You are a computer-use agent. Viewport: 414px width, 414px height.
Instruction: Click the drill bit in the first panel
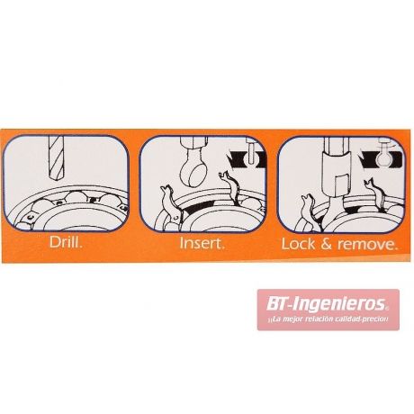tap(57, 157)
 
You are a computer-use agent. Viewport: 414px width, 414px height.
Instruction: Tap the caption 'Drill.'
tap(66, 242)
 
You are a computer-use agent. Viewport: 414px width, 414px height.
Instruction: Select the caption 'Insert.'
tap(202, 243)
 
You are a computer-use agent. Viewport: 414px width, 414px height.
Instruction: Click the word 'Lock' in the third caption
tap(298, 244)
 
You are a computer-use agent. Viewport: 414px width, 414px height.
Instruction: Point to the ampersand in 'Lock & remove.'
tap(326, 244)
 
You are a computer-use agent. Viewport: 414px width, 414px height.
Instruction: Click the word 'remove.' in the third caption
tap(367, 245)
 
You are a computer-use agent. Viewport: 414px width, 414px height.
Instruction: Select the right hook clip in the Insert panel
tap(231, 186)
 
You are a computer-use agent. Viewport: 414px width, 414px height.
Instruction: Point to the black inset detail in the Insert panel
tap(245, 157)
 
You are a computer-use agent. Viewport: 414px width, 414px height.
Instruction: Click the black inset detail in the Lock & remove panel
tap(382, 158)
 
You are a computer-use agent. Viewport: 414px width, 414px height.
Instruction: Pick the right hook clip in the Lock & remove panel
tap(374, 195)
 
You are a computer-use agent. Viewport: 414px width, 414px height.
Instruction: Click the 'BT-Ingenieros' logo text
tap(327, 304)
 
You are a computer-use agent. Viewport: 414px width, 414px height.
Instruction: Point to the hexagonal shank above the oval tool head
tap(194, 145)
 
